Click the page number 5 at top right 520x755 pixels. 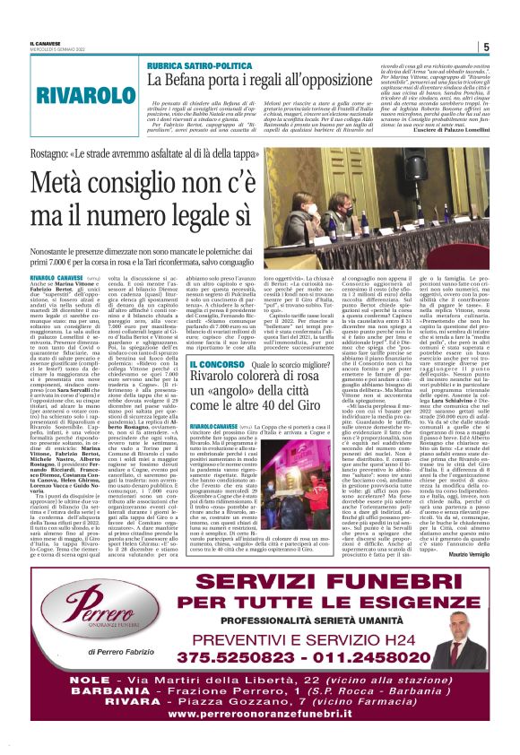[485, 47]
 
